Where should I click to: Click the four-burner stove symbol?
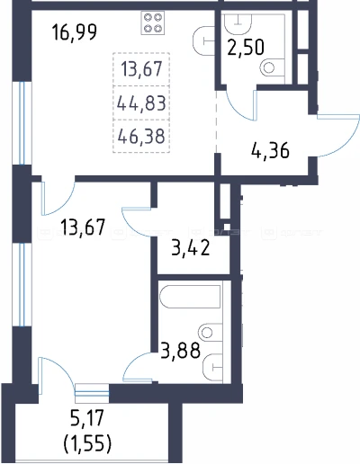pyautogui.click(x=153, y=22)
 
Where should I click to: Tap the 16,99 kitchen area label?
pyautogui.click(x=75, y=32)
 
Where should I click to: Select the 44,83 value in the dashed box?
pyautogui.click(x=141, y=103)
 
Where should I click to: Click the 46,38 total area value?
pyautogui.click(x=141, y=136)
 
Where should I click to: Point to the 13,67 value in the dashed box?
pyautogui.click(x=141, y=69)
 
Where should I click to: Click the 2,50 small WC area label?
pyautogui.click(x=246, y=48)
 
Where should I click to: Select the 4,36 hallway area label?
pyautogui.click(x=270, y=150)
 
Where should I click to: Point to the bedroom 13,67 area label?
pyautogui.click(x=83, y=228)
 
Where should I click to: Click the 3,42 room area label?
pyautogui.click(x=191, y=248)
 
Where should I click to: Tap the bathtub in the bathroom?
pyautogui.click(x=190, y=297)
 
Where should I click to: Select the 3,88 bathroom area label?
pyautogui.click(x=180, y=350)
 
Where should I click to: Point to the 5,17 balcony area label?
pyautogui.click(x=87, y=419)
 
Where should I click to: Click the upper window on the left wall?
pyautogui.click(x=22, y=123)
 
